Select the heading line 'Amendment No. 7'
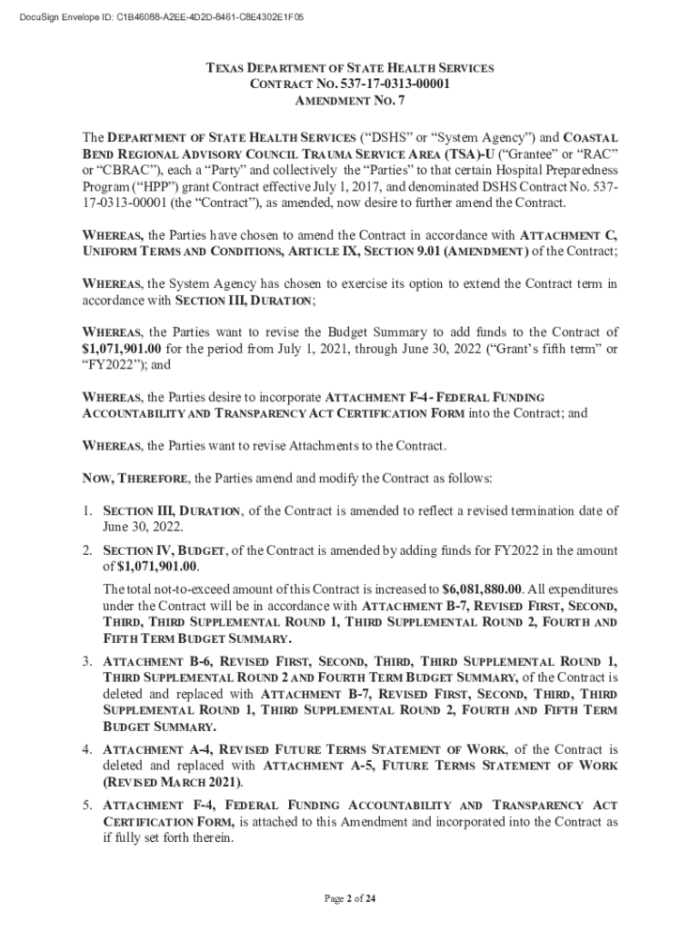pyautogui.click(x=349, y=101)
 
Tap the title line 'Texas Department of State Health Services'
pyautogui.click(x=350, y=68)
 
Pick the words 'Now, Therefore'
pyautogui.click(x=136, y=479)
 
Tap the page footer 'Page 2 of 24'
pyautogui.click(x=350, y=899)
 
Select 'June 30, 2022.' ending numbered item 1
pyautogui.click(x=144, y=527)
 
